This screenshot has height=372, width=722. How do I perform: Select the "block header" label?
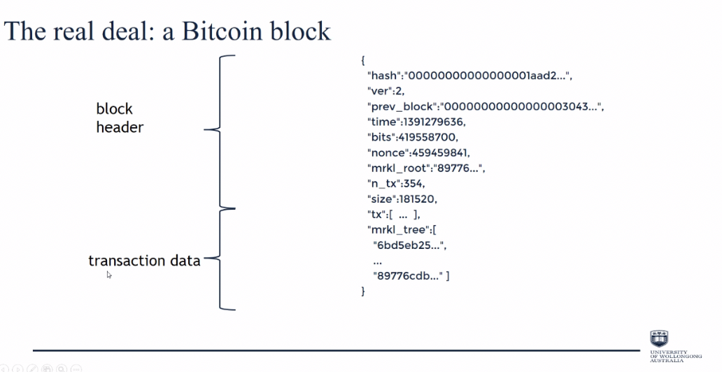pos(120,118)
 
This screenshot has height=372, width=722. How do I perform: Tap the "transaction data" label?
pos(144,261)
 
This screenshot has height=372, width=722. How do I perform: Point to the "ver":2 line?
pos(385,91)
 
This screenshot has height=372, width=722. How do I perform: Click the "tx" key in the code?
pos(376,214)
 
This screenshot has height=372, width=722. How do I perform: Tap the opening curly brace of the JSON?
pos(362,61)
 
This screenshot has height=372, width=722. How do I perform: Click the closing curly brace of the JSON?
pos(362,291)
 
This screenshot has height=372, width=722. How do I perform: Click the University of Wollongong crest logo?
pos(659,338)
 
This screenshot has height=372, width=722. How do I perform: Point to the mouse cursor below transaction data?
pos(109,275)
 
